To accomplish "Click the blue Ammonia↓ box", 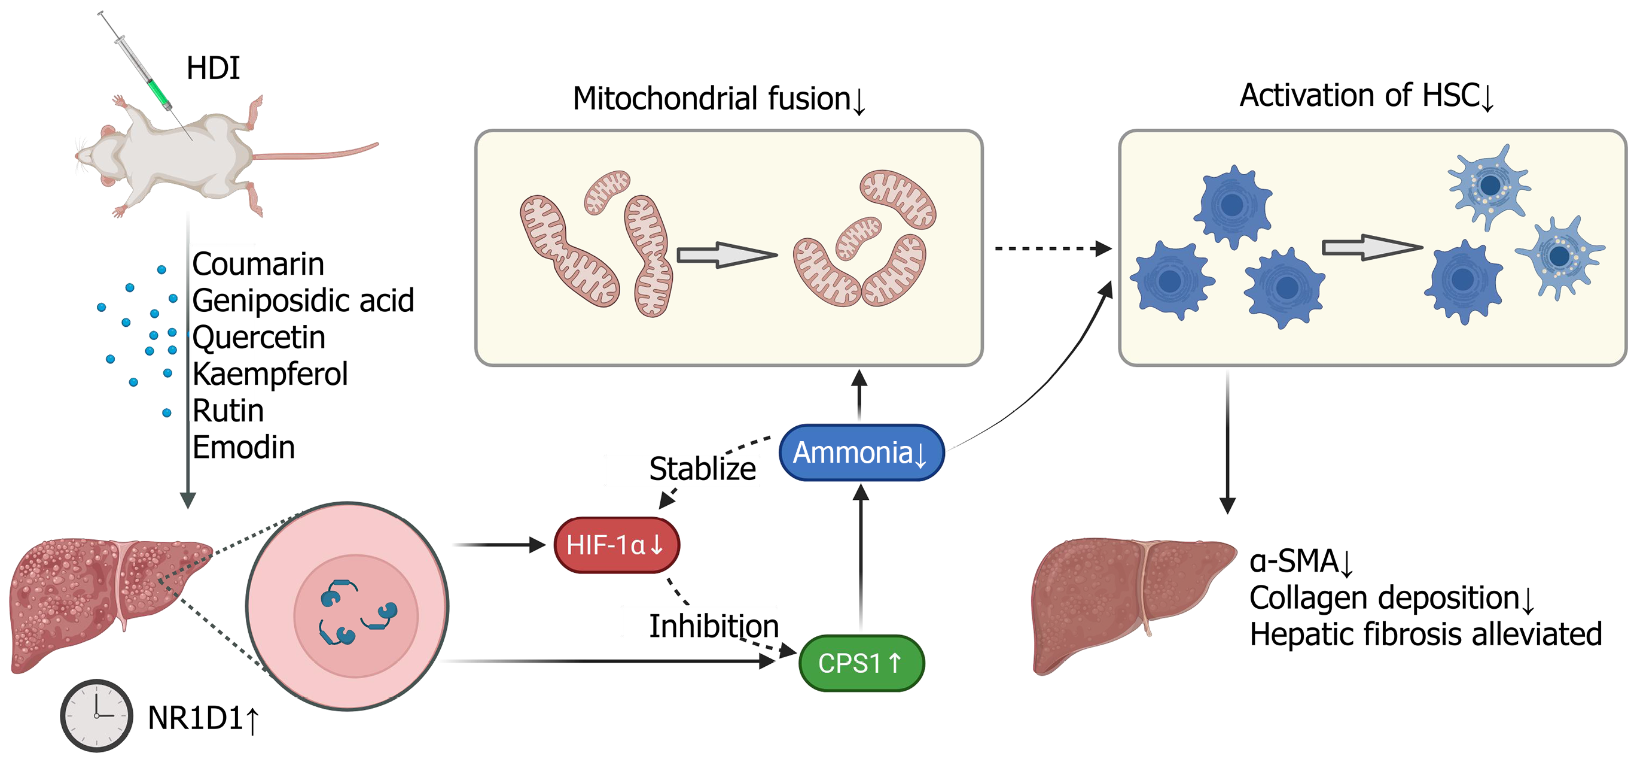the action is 861,453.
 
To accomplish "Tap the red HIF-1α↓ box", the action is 617,545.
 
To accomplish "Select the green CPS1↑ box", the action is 861,663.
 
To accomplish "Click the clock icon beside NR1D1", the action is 96,715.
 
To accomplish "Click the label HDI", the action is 213,68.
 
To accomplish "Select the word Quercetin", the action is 259,337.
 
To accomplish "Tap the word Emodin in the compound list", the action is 243,447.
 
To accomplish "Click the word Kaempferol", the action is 270,374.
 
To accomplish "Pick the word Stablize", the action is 703,469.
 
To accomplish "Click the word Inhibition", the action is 714,626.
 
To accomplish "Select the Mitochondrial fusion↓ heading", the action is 720,99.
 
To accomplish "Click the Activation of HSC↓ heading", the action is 1368,96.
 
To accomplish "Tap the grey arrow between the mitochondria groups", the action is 727,255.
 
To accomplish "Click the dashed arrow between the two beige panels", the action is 1053,249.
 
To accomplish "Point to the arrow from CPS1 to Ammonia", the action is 861,558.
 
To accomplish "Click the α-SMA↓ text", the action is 1302,561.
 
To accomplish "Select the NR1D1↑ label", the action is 203,719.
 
